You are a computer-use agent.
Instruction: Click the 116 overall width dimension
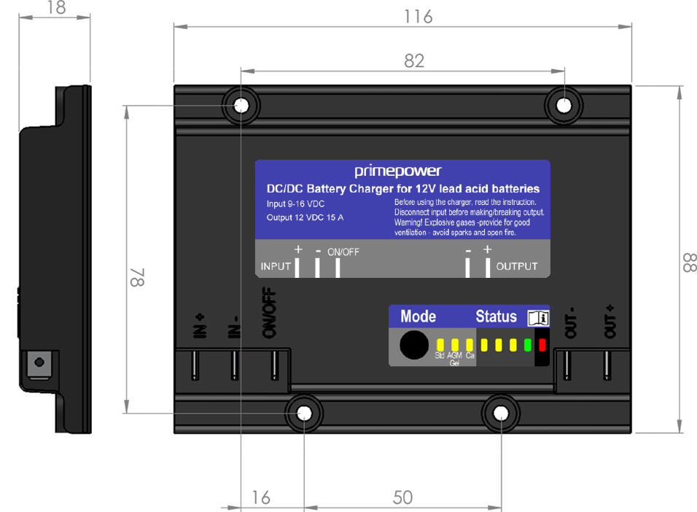(x=418, y=16)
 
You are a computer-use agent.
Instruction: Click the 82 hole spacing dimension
(x=413, y=61)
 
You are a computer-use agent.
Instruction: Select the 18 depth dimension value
(x=55, y=8)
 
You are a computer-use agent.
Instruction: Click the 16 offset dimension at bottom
(x=260, y=497)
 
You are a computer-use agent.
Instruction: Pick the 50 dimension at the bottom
(x=402, y=497)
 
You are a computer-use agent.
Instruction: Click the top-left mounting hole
(x=241, y=106)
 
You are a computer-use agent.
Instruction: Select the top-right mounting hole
(x=564, y=106)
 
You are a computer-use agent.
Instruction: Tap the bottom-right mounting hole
(x=500, y=414)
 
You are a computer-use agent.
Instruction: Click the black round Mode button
(x=414, y=344)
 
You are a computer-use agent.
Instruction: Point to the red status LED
(x=542, y=344)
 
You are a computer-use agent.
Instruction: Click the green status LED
(x=527, y=344)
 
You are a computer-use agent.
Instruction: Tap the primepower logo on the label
(x=398, y=171)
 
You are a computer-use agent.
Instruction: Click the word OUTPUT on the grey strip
(x=516, y=267)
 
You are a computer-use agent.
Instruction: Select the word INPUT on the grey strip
(x=276, y=267)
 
